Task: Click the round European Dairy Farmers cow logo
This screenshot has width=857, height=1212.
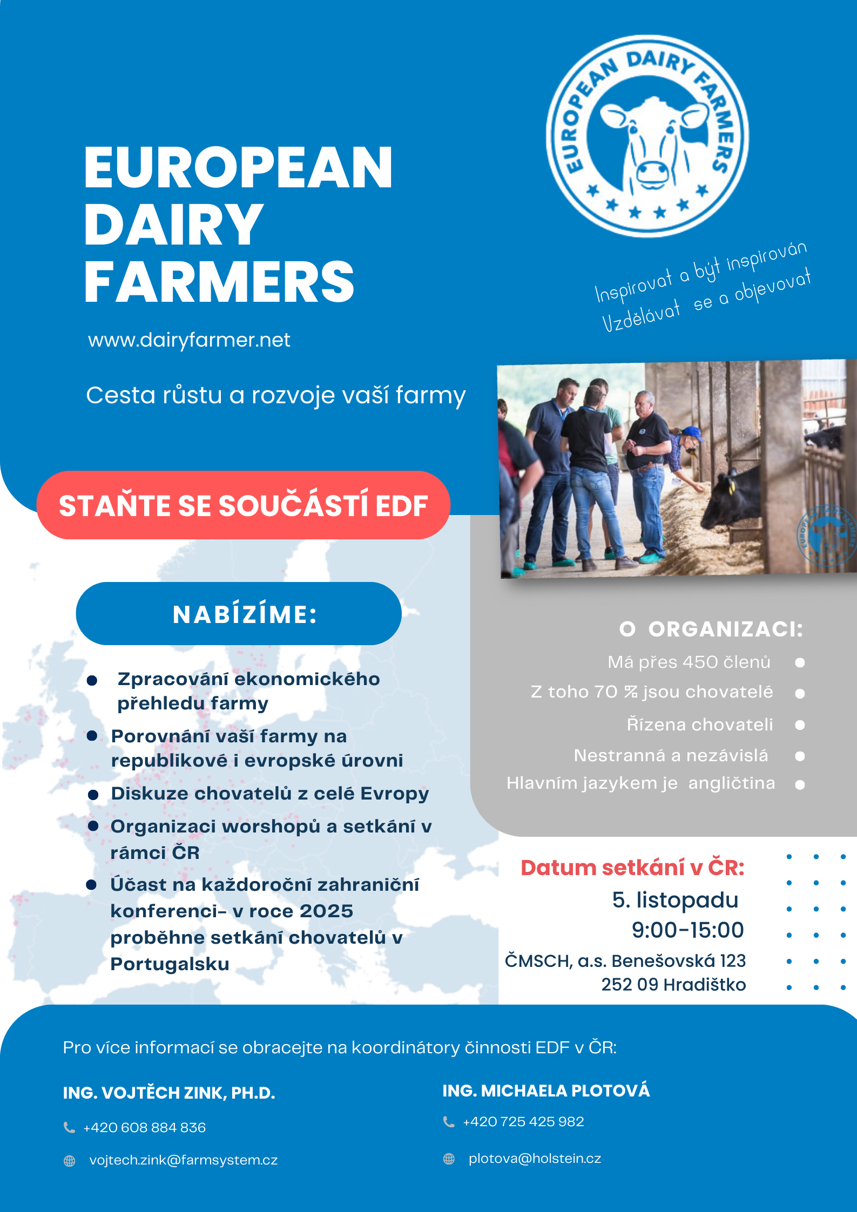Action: [647, 136]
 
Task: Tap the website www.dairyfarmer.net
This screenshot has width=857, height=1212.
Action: [189, 340]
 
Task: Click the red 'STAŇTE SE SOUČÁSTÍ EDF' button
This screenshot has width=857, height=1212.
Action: [243, 505]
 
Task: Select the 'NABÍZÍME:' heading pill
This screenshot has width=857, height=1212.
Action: [239, 614]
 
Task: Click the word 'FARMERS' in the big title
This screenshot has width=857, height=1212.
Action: [219, 281]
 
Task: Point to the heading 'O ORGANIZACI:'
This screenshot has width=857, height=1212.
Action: [711, 629]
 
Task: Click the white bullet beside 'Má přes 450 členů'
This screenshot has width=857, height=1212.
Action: [800, 662]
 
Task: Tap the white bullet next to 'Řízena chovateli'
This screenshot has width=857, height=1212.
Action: [800, 725]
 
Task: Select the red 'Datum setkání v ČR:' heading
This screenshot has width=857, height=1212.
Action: [632, 868]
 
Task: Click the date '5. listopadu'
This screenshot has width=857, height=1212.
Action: [675, 900]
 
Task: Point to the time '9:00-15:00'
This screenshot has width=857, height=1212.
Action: [688, 930]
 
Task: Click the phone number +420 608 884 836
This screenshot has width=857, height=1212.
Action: [144, 1127]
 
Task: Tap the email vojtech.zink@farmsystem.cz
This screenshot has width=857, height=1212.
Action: [184, 1160]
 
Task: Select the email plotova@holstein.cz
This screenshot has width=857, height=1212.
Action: [535, 1159]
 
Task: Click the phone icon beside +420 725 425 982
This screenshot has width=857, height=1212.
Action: [448, 1122]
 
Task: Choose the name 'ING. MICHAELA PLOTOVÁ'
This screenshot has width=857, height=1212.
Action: [546, 1091]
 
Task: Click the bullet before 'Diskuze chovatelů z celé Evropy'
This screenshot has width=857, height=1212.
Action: [93, 795]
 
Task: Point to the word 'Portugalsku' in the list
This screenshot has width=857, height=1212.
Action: [170, 964]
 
